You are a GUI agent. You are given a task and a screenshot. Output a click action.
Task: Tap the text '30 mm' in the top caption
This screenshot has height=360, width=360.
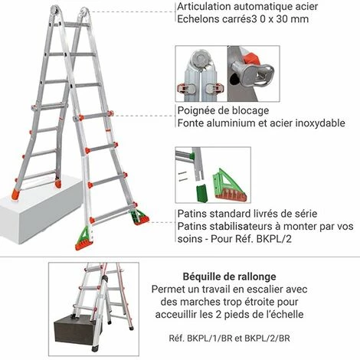point(293,19)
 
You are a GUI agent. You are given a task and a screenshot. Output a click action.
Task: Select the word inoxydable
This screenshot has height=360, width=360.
point(320,123)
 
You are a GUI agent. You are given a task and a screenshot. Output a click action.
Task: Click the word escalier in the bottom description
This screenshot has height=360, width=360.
point(254,290)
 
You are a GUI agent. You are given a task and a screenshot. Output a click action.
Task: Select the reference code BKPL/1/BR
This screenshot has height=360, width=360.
point(210,339)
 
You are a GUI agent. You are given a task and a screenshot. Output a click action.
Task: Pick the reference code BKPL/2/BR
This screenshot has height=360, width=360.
point(267,339)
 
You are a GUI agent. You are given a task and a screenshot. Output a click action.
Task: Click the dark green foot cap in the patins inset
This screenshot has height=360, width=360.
point(201,192)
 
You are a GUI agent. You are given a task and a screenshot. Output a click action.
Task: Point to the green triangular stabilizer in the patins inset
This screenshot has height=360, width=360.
point(229,185)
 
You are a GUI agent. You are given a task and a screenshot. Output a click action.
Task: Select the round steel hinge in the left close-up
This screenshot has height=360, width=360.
point(201,57)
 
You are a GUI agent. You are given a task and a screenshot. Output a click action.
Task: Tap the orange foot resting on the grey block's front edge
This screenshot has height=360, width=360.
point(15,195)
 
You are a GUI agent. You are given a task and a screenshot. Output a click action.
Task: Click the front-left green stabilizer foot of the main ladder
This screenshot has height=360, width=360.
point(83,238)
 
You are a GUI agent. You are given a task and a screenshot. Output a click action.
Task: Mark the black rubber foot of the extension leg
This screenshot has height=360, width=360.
point(95,349)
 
